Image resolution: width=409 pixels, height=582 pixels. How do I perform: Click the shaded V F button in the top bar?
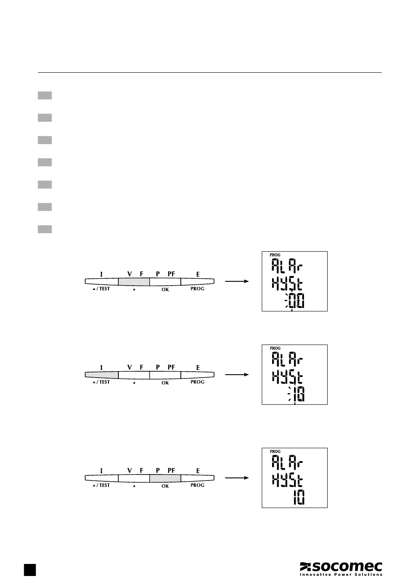[x=134, y=281]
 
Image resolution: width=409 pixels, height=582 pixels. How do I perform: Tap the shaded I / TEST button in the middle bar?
[x=102, y=375]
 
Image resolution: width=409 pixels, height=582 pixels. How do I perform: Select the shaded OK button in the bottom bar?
[x=165, y=478]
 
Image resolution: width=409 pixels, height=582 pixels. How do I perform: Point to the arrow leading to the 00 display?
[x=237, y=281]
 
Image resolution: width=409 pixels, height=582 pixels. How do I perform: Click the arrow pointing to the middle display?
[x=237, y=375]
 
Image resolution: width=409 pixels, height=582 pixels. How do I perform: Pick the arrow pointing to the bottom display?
[x=237, y=478]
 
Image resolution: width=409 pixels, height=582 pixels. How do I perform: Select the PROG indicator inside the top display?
[x=275, y=255]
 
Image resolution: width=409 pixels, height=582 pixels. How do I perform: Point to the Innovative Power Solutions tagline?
[x=341, y=574]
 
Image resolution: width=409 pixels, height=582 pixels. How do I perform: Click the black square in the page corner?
[x=30, y=569]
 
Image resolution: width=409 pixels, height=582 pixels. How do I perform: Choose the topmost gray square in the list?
[x=45, y=95]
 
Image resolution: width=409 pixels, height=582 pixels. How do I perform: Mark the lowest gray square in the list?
[x=45, y=229]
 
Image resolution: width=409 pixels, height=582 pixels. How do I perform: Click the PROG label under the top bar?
[x=197, y=289]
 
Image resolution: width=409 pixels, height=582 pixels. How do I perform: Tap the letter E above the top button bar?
[x=198, y=274]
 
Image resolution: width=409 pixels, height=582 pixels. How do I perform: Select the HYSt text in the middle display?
[x=287, y=378]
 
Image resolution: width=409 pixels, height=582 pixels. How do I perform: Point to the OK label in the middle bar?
[x=165, y=382]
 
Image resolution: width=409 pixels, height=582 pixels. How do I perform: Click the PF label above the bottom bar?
[x=171, y=471]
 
